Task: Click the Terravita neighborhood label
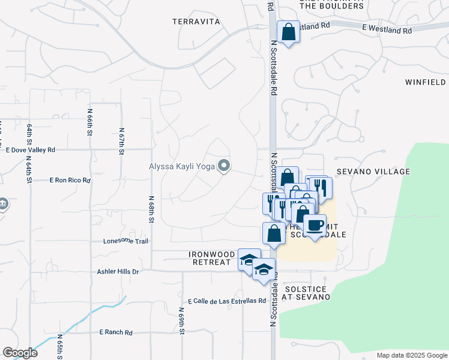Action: point(196,22)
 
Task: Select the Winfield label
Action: point(425,82)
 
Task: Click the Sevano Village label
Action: point(373,172)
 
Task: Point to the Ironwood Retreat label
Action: point(212,258)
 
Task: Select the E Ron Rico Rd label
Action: point(70,180)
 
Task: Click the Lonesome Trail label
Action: point(125,241)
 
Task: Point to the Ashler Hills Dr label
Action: point(118,272)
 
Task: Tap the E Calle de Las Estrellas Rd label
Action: point(226,301)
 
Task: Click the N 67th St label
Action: point(121,141)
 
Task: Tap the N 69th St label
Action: point(181,320)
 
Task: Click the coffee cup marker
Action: point(315,226)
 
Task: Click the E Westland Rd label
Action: point(387,29)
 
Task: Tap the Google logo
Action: point(20,353)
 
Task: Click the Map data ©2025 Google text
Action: point(411,355)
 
